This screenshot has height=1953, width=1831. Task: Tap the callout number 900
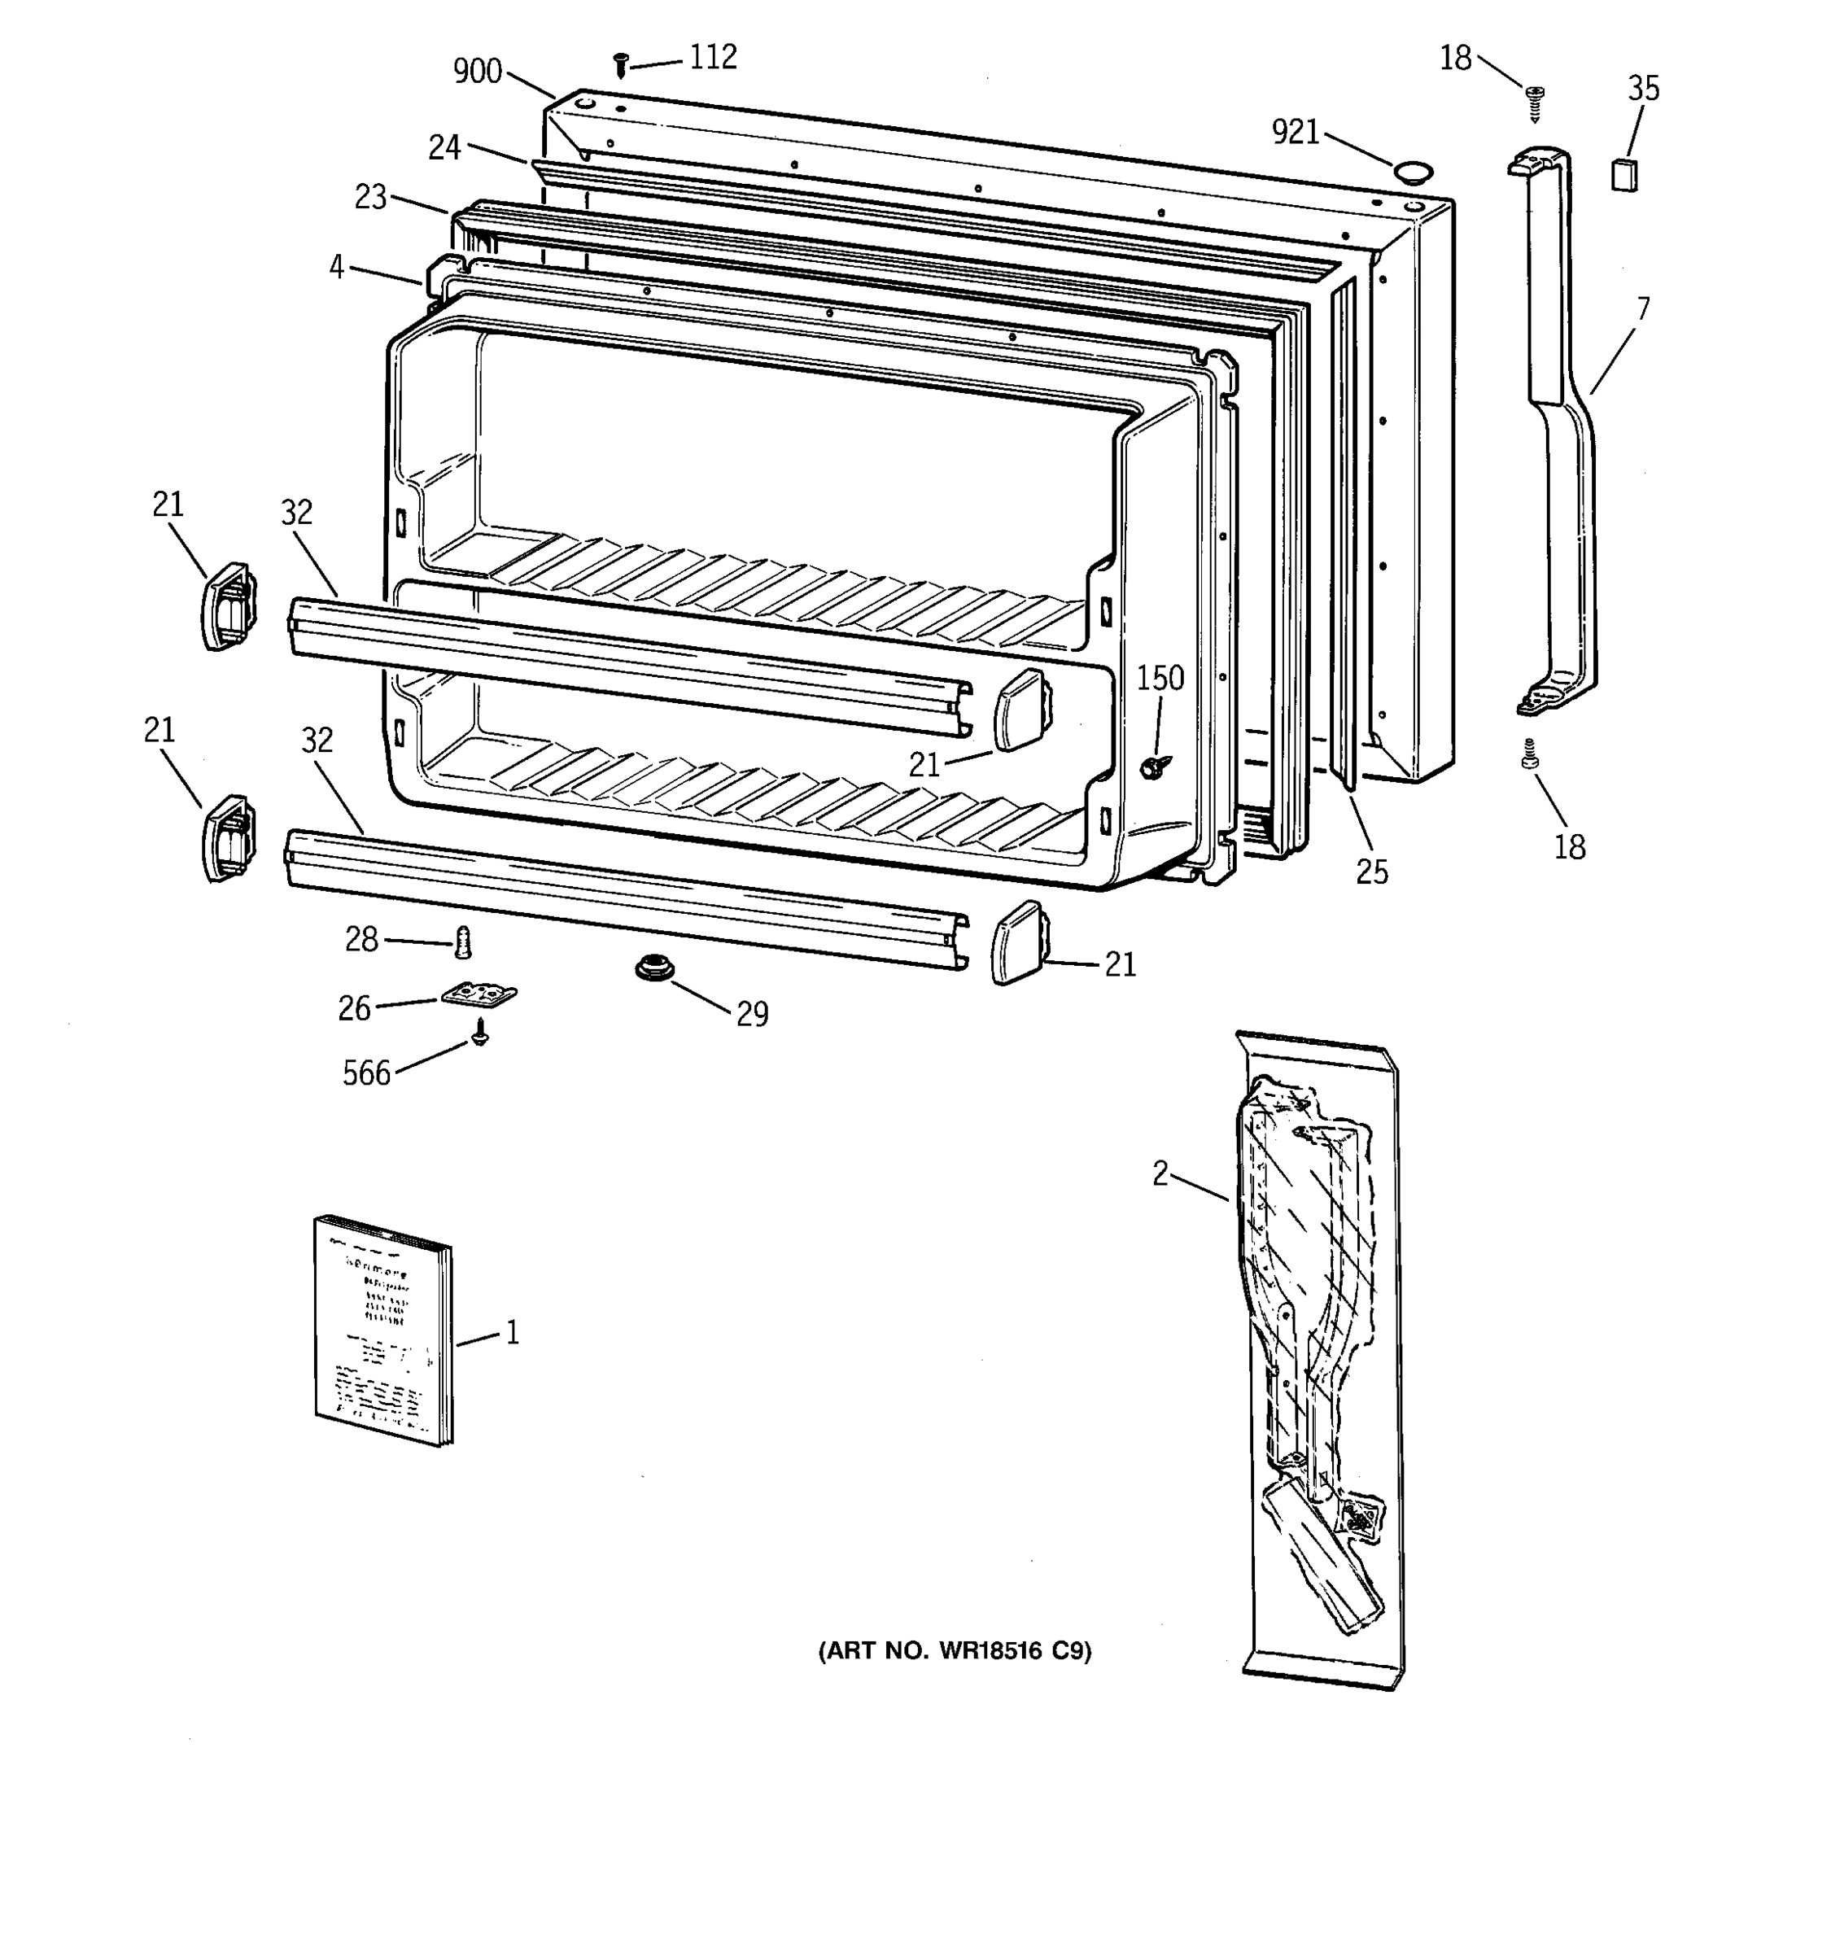(478, 72)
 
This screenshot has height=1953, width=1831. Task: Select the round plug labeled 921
(1413, 173)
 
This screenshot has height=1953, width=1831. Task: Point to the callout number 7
(1642, 309)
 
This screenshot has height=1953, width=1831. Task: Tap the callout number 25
(1371, 872)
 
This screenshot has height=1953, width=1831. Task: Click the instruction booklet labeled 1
(383, 1331)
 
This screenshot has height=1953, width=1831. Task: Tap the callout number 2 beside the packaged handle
(1160, 1173)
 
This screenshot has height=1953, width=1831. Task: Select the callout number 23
(370, 198)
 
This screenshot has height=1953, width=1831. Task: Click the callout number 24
(444, 147)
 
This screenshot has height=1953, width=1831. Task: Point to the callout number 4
(336, 266)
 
